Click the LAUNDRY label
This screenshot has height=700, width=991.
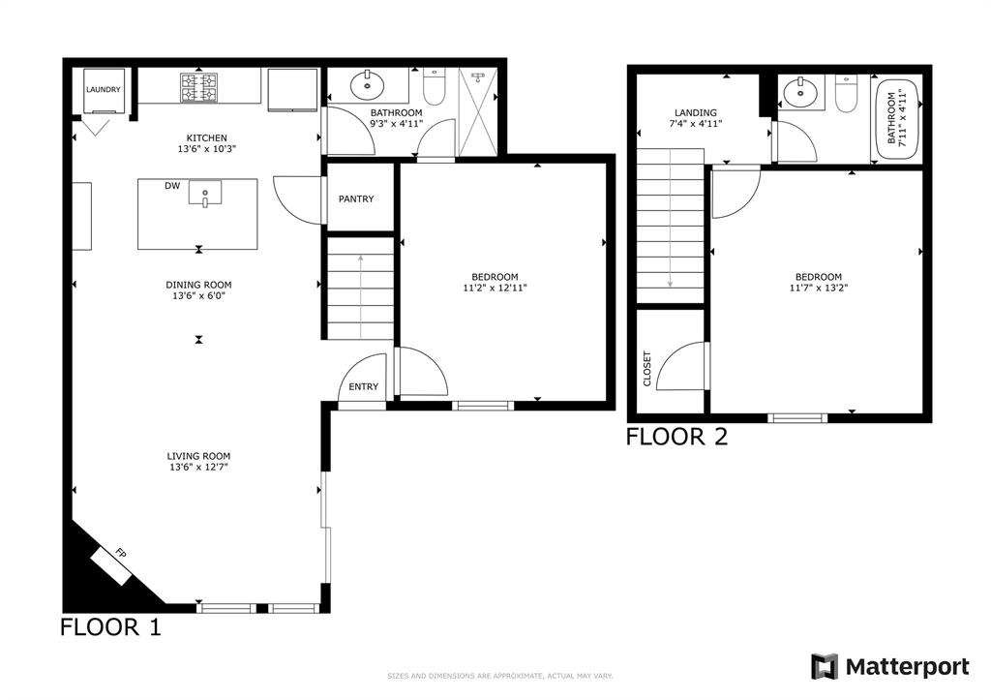(x=104, y=90)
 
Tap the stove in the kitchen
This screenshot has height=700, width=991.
(x=198, y=87)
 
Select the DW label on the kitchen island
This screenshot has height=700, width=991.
(x=171, y=185)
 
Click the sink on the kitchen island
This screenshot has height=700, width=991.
(x=205, y=194)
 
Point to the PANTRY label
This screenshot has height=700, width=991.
(x=356, y=199)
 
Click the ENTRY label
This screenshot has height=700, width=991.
(x=364, y=387)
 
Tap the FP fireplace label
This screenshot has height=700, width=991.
(x=121, y=554)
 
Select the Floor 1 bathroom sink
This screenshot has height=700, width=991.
(x=367, y=84)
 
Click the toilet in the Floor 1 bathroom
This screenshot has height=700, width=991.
(x=434, y=88)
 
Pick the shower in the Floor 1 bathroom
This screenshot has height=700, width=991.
(x=477, y=112)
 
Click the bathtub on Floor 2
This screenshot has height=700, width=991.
(x=896, y=116)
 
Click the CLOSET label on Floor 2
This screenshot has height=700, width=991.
(x=647, y=368)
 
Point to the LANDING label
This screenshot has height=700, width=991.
(x=696, y=112)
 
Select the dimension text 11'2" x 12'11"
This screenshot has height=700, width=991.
(x=495, y=288)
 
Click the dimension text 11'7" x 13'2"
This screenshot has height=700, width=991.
(x=819, y=288)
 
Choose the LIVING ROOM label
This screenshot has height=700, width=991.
(x=198, y=456)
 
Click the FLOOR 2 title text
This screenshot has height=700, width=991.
(x=676, y=437)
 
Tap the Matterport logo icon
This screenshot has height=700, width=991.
(x=824, y=667)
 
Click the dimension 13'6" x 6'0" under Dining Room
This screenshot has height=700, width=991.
(x=198, y=296)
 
